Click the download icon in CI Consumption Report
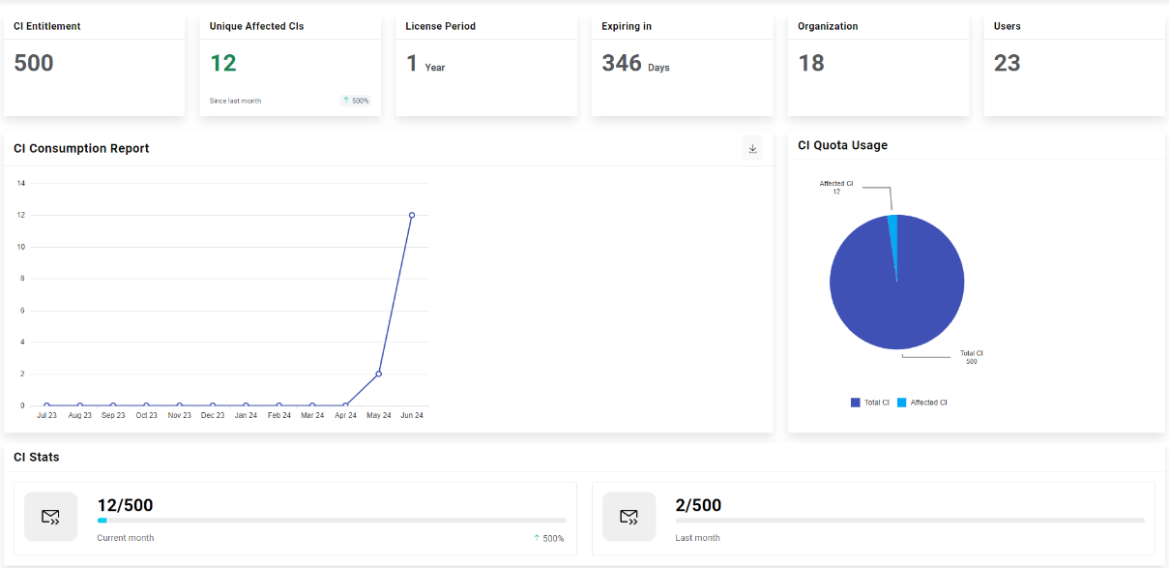pyautogui.click(x=752, y=149)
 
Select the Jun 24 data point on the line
pyautogui.click(x=412, y=215)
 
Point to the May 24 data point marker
pyautogui.click(x=378, y=374)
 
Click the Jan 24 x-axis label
pyautogui.click(x=246, y=415)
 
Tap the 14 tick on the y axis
pyautogui.click(x=21, y=183)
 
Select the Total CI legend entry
pyautogui.click(x=870, y=403)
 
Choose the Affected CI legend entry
pyautogui.click(x=922, y=403)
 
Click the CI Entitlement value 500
pyautogui.click(x=34, y=64)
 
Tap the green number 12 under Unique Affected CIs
pyautogui.click(x=223, y=64)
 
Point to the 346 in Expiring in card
pyautogui.click(x=622, y=64)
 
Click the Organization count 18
pyautogui.click(x=811, y=64)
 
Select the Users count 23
pyautogui.click(x=1008, y=64)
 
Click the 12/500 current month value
pyautogui.click(x=125, y=505)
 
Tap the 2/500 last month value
pyautogui.click(x=698, y=505)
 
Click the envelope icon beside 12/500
pyautogui.click(x=50, y=517)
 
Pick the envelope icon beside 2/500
pyautogui.click(x=628, y=517)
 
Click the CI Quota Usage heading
pyautogui.click(x=842, y=145)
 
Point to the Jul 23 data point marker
pyautogui.click(x=46, y=405)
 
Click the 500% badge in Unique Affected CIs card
pyautogui.click(x=356, y=101)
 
